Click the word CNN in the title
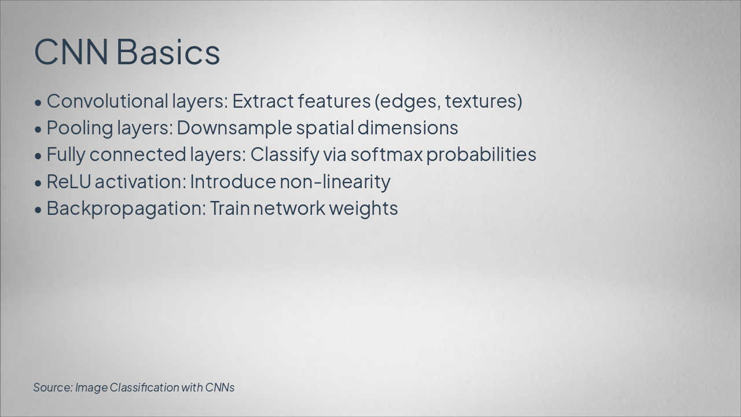(x=71, y=52)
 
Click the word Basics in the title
(x=168, y=52)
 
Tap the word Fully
(x=65, y=155)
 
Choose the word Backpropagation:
(x=126, y=209)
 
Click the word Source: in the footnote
(x=53, y=387)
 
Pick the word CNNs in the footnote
(x=220, y=387)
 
